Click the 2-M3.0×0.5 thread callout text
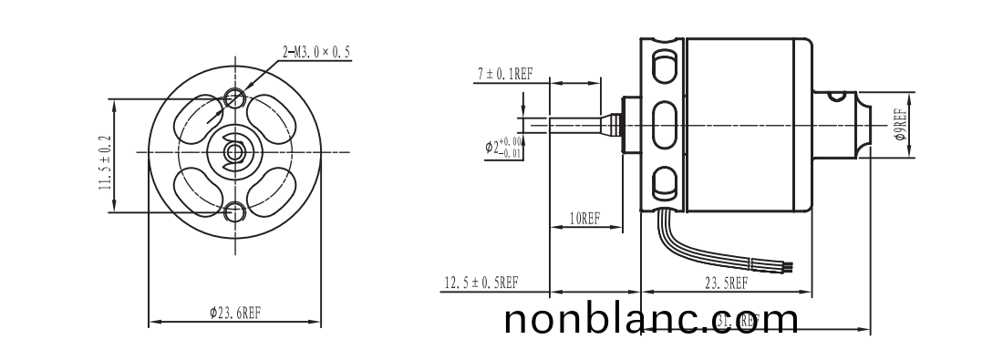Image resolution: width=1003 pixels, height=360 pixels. pyautogui.click(x=316, y=53)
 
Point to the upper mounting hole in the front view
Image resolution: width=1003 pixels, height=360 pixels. pyautogui.click(x=235, y=96)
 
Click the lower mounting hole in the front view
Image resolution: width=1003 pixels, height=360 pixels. pyautogui.click(x=235, y=212)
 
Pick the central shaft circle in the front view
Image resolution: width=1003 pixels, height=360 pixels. pyautogui.click(x=235, y=153)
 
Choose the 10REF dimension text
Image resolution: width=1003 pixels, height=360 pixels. pyautogui.click(x=584, y=219)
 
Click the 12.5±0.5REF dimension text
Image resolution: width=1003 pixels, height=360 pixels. pyautogui.click(x=481, y=283)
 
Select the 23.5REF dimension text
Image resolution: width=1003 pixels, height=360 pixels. pyautogui.click(x=725, y=283)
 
